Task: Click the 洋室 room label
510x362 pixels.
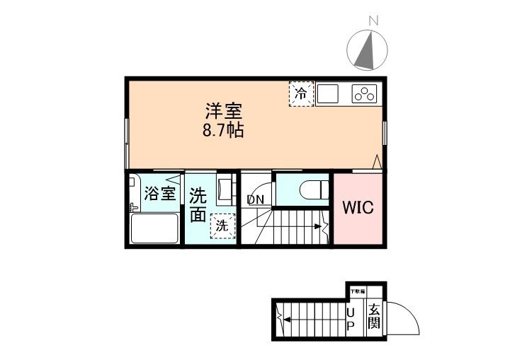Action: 224,111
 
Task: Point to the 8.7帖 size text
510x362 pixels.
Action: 223,131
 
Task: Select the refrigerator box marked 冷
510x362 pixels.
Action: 300,93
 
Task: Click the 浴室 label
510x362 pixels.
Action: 160,194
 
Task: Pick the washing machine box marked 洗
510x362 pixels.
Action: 222,226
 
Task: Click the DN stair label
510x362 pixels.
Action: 255,199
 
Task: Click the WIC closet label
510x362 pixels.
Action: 358,208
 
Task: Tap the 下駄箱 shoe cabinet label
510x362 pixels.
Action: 357,291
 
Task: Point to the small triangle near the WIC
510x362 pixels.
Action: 377,162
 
